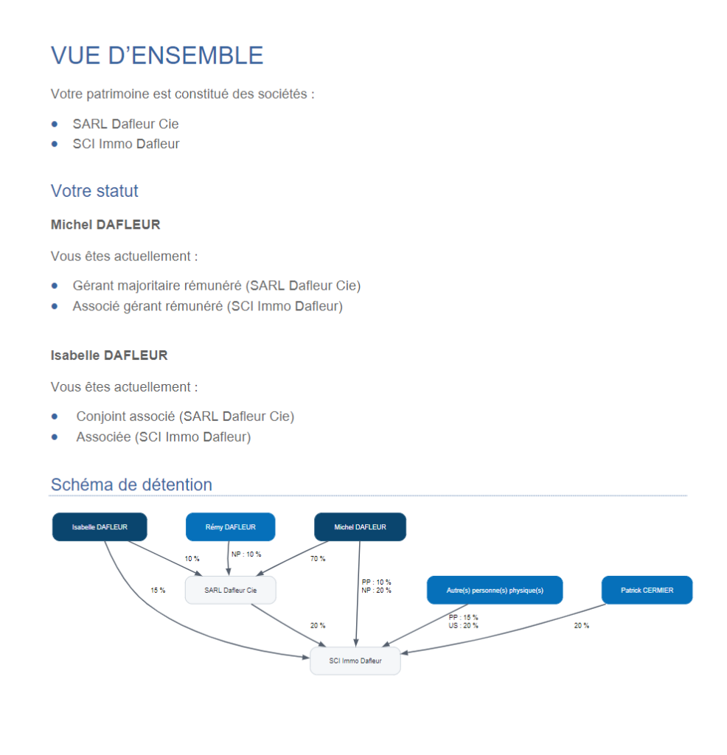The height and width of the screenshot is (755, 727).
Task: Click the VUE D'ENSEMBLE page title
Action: pyautogui.click(x=156, y=56)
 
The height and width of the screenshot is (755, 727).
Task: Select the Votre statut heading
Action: pyautogui.click(x=94, y=191)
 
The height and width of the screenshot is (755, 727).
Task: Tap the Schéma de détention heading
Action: pyautogui.click(x=131, y=484)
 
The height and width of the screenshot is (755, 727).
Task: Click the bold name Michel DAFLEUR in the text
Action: pyautogui.click(x=105, y=224)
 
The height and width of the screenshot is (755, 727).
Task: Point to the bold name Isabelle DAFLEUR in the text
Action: pyautogui.click(x=109, y=355)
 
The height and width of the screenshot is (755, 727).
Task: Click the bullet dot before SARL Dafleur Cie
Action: pyautogui.click(x=55, y=124)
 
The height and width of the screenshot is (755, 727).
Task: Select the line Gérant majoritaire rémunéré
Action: pyautogui.click(x=216, y=285)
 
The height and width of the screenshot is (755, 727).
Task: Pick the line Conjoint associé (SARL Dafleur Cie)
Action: pyautogui.click(x=184, y=417)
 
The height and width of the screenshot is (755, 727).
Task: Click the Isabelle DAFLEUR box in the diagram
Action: pyautogui.click(x=100, y=527)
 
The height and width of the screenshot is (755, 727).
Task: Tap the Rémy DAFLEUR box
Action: pyautogui.click(x=230, y=527)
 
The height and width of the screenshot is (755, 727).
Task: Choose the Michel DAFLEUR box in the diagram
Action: pyautogui.click(x=360, y=527)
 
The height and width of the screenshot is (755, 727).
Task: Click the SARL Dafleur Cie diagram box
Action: pyautogui.click(x=230, y=590)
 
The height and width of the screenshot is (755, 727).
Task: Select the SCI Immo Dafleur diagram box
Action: pyautogui.click(x=355, y=661)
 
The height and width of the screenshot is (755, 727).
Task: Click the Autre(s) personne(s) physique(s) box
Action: pyautogui.click(x=495, y=590)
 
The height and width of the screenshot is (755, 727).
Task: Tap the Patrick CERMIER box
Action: pyautogui.click(x=647, y=590)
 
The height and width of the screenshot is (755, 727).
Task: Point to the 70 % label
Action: pyautogui.click(x=318, y=559)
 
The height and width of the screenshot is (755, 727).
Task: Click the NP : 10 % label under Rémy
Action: pyautogui.click(x=246, y=554)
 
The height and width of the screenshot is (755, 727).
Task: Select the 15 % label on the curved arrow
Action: pyautogui.click(x=158, y=590)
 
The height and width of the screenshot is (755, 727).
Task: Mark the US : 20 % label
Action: pyautogui.click(x=463, y=625)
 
